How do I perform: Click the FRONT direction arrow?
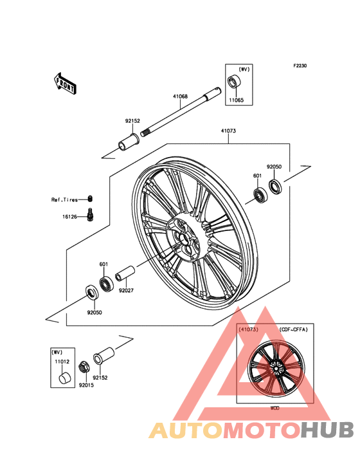(65, 84)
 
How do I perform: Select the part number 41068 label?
(180, 97)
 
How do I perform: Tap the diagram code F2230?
(300, 66)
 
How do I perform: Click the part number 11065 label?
(237, 100)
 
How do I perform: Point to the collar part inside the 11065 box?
(234, 82)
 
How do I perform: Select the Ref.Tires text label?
(64, 199)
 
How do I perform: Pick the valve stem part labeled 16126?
(90, 215)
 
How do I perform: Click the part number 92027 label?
(126, 290)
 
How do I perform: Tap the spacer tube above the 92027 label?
(125, 273)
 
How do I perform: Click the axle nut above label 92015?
(83, 367)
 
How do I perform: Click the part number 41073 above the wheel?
(228, 131)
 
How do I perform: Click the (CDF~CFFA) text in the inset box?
(293, 329)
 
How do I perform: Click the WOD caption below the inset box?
(274, 408)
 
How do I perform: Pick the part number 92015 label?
(86, 385)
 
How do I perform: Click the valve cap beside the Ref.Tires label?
(90, 199)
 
